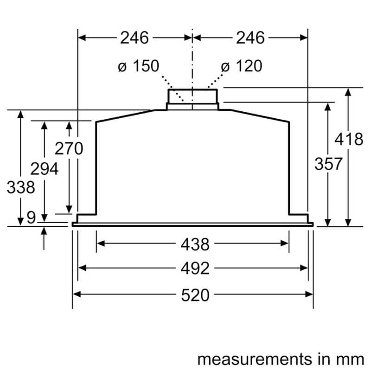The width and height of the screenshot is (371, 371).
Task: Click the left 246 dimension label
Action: click(134, 38)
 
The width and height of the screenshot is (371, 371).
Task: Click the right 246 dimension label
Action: click(250, 38)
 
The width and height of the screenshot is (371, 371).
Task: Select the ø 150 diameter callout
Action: click(138, 66)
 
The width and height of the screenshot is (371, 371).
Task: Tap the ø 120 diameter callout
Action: click(242, 66)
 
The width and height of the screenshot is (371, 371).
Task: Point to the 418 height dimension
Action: click(349, 139)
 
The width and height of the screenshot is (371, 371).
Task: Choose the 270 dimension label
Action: click(69, 149)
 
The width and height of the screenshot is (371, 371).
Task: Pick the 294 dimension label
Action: click(44, 169)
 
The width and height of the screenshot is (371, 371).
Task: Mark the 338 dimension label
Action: click(21, 187)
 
